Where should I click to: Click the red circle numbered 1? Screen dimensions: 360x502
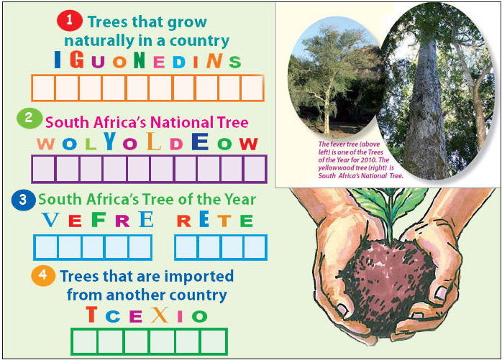(69, 21)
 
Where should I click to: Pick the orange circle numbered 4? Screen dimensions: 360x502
(44, 275)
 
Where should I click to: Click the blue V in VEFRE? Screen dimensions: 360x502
(50, 219)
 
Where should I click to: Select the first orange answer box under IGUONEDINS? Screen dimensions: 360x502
(44, 88)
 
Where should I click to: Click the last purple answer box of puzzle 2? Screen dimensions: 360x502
(255, 169)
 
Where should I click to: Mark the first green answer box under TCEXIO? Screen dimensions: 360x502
(83, 341)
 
